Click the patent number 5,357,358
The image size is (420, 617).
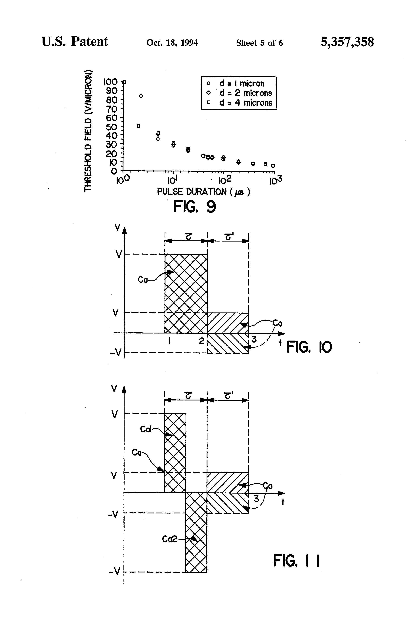(347, 42)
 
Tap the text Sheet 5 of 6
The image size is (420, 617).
(259, 43)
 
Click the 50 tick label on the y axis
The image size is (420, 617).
(112, 126)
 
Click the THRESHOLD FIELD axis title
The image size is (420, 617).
(88, 130)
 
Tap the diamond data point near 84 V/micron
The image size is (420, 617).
(141, 96)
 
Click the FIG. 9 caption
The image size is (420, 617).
(195, 207)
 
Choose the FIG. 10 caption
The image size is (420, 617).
(309, 347)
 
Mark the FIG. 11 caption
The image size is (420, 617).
(296, 561)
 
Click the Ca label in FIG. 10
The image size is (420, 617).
(143, 280)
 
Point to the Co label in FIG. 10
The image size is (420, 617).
(278, 323)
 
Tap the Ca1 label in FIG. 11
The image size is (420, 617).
(146, 429)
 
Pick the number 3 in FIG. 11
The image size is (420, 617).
(256, 499)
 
